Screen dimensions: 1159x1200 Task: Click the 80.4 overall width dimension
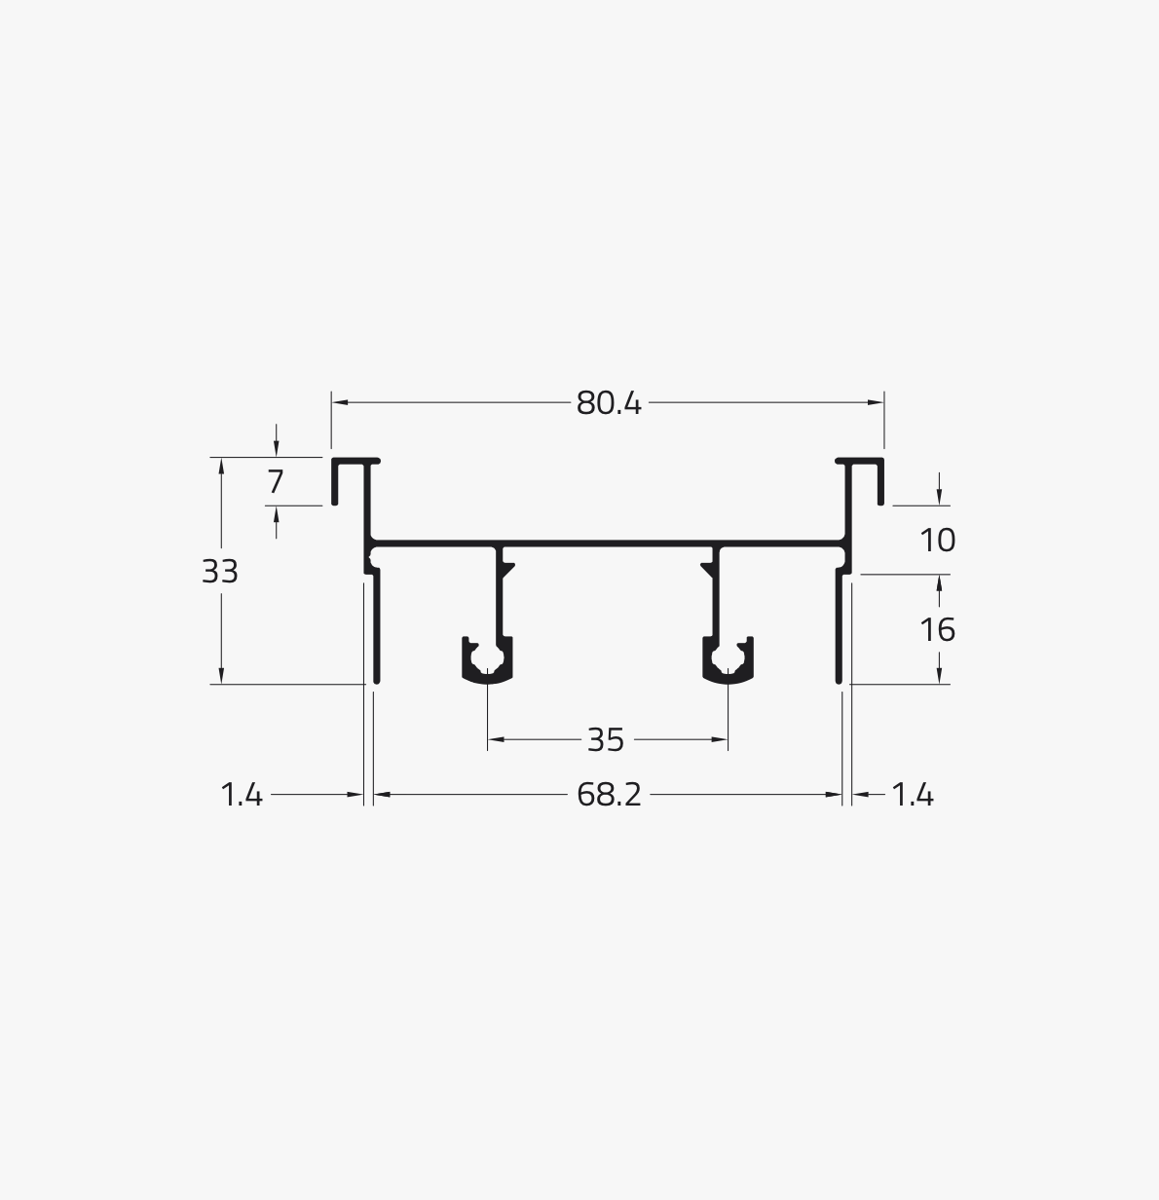click(609, 403)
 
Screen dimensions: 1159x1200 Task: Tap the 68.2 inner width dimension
click(609, 795)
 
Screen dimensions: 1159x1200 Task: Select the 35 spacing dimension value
click(606, 740)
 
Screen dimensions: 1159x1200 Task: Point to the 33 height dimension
click(219, 572)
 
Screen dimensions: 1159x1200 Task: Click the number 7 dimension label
click(276, 481)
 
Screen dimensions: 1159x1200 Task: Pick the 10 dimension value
click(937, 541)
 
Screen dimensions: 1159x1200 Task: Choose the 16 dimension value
click(937, 630)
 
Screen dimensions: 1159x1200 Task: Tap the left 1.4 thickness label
click(241, 795)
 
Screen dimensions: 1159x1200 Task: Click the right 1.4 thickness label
click(913, 795)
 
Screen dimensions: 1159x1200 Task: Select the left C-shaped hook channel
click(487, 679)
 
